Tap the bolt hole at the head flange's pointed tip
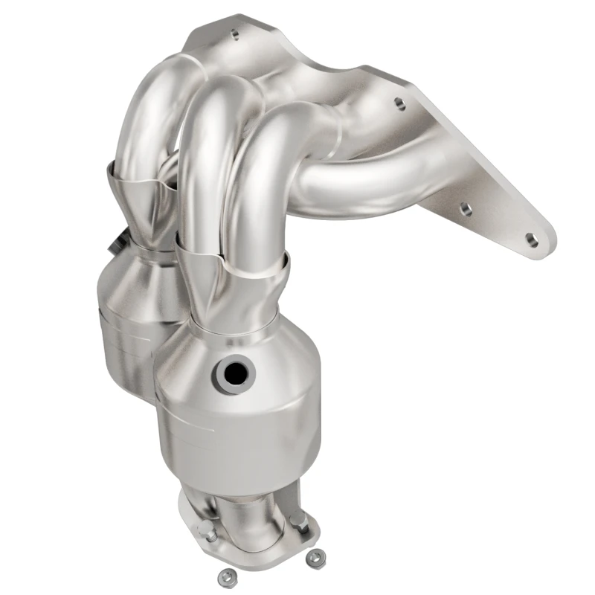[x=530, y=239]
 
